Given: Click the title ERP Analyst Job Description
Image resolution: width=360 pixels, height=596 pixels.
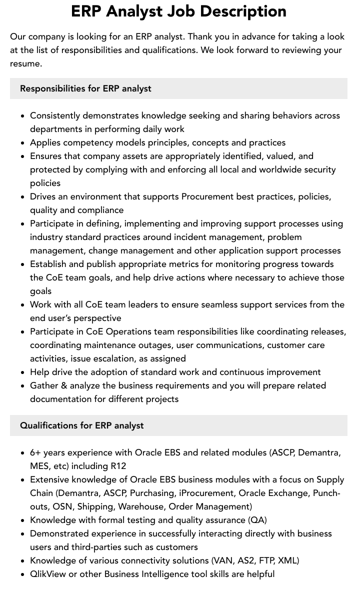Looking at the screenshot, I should [178, 11].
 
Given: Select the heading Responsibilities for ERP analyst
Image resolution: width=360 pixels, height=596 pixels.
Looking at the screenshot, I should [85, 88].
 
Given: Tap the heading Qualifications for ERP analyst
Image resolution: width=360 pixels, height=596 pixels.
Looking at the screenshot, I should [81, 425].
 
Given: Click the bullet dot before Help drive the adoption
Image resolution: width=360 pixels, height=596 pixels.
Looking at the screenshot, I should [23, 372].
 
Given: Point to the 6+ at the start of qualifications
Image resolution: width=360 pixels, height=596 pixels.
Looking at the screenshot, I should [35, 452].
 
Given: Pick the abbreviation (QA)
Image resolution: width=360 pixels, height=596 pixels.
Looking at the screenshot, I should [257, 520].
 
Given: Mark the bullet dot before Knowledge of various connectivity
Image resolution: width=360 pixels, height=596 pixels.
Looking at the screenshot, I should [23, 561].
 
